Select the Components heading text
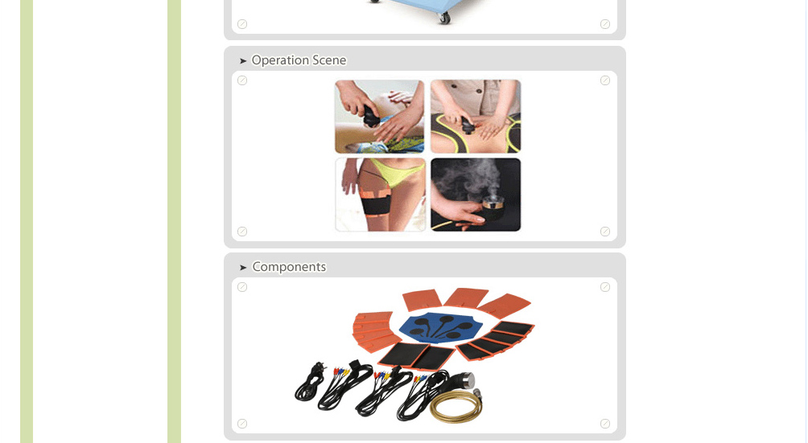point(289,267)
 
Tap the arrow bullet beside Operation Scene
point(243,61)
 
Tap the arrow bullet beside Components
point(243,268)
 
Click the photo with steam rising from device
point(476,195)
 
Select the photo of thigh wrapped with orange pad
point(381,195)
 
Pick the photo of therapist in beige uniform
point(476,117)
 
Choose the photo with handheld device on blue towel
point(380,117)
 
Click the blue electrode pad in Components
point(440,327)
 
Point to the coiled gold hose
point(456,406)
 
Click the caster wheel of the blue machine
point(443,18)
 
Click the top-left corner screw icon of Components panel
point(242,287)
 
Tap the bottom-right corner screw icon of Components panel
point(605,424)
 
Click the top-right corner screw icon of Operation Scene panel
point(605,80)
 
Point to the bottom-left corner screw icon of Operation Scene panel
point(242,232)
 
